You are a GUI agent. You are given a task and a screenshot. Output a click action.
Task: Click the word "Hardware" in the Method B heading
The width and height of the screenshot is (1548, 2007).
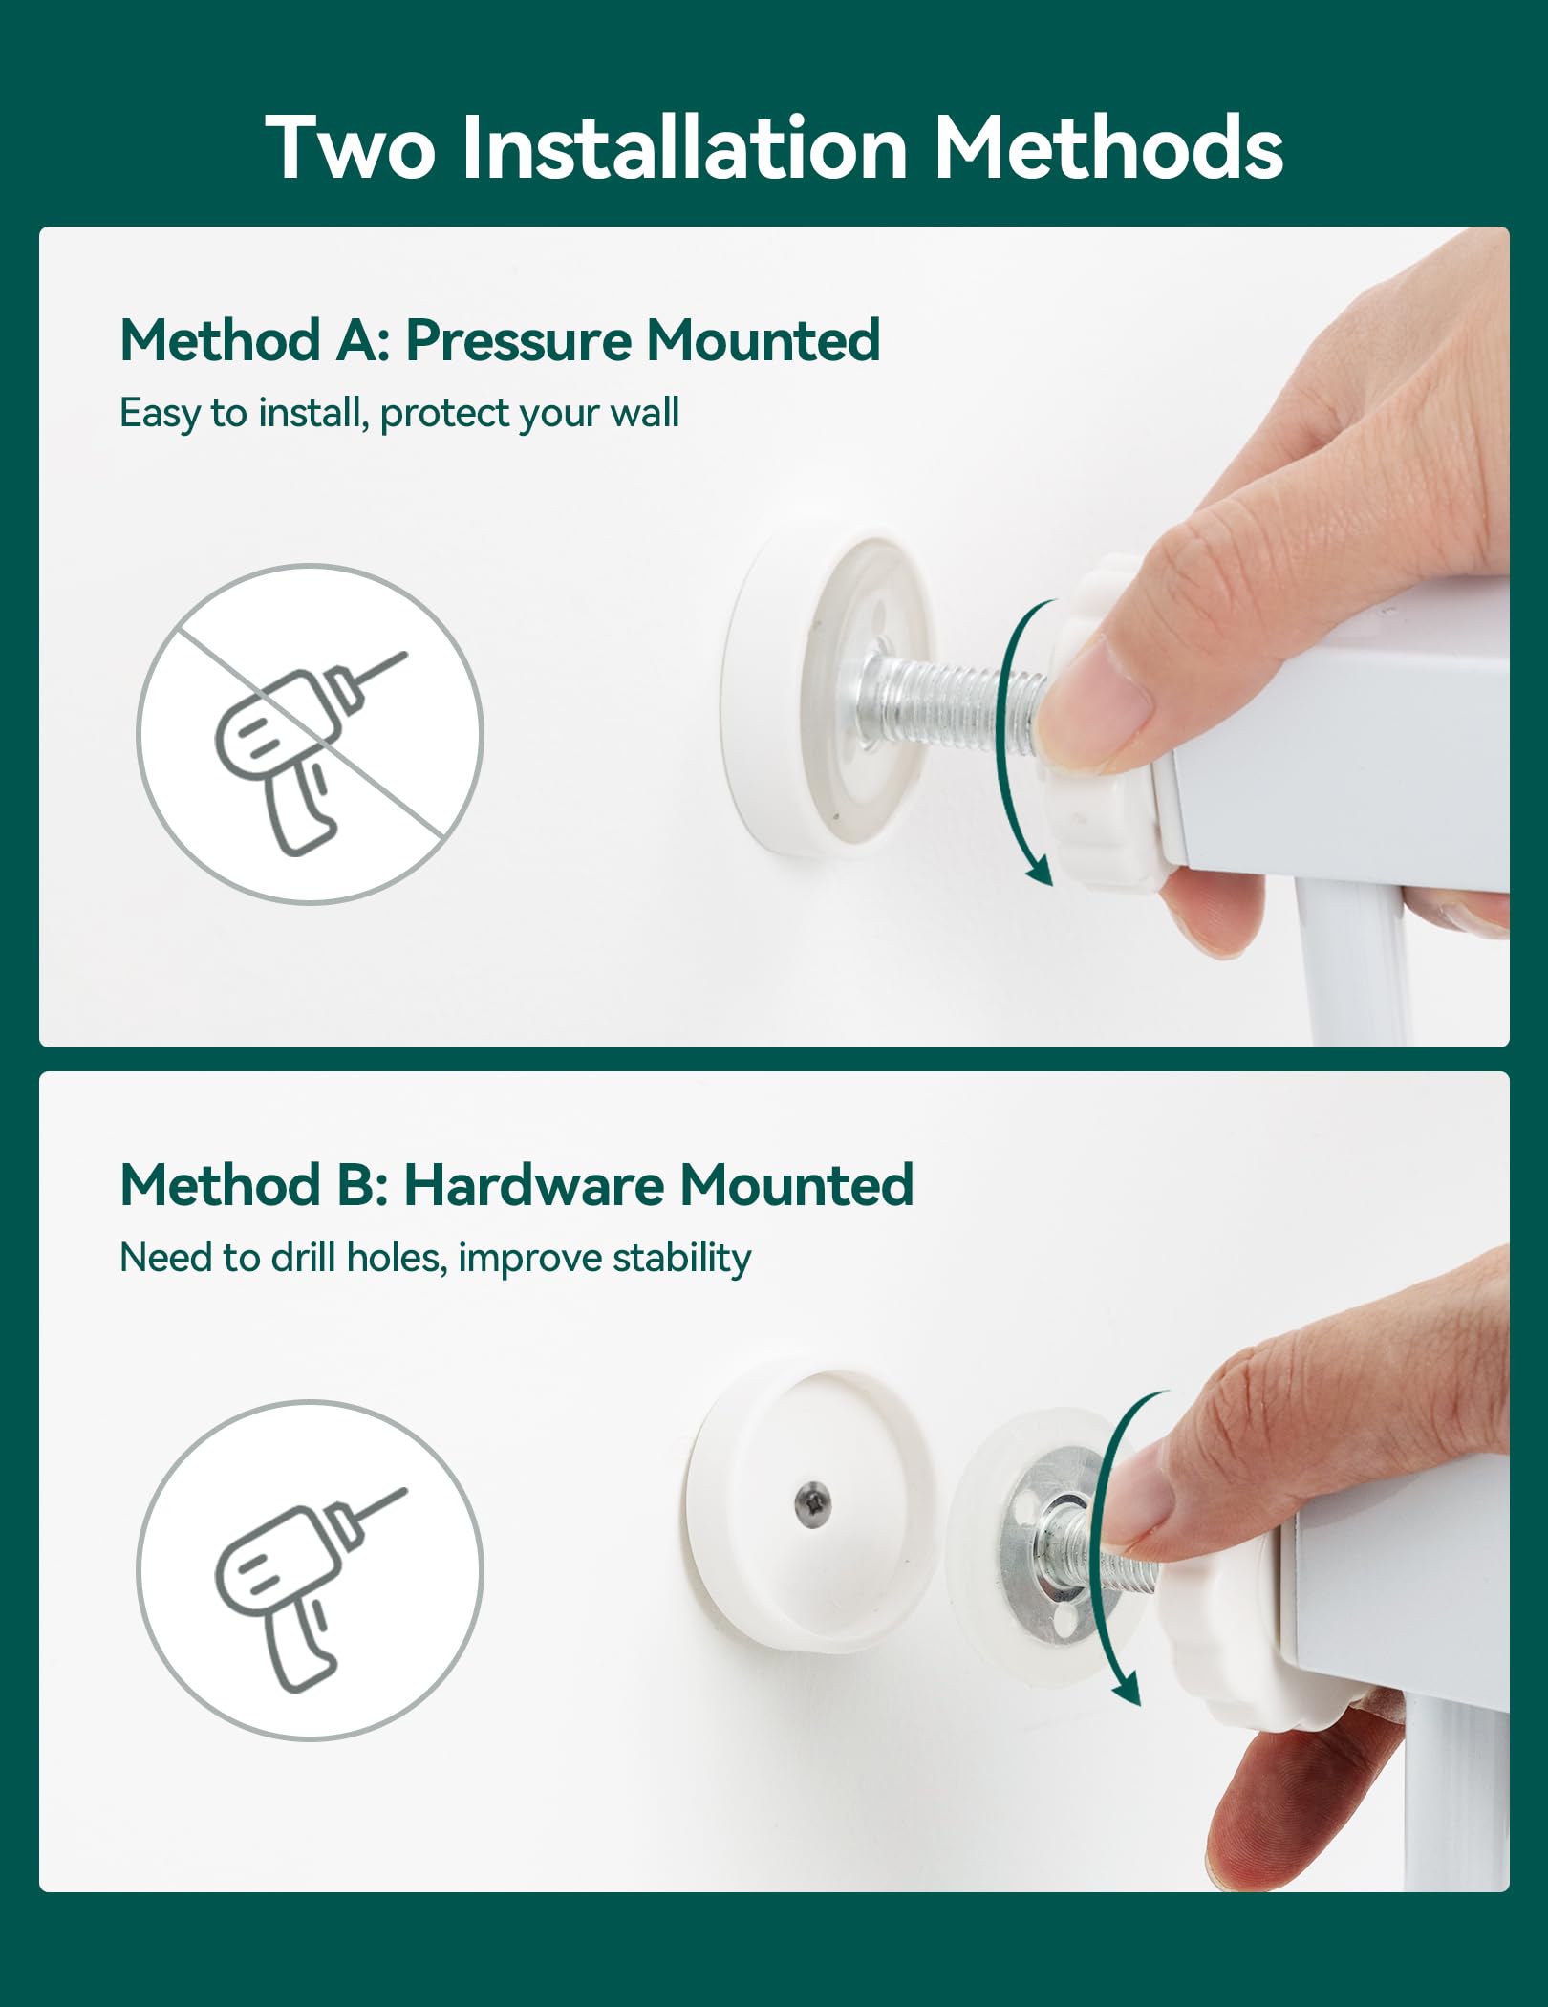click(x=533, y=1185)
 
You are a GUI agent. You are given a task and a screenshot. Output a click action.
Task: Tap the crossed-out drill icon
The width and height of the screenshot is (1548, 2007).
click(x=310, y=734)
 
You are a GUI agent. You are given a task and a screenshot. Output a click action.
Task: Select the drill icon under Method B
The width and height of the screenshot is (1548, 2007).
click(x=310, y=1570)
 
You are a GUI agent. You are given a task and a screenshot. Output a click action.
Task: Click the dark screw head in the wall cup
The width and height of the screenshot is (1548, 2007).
click(x=813, y=1504)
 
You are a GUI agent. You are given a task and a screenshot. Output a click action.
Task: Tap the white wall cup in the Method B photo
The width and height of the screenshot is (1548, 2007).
click(x=811, y=1510)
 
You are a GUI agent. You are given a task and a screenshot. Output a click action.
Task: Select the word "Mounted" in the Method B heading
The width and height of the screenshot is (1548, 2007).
click(x=797, y=1185)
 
